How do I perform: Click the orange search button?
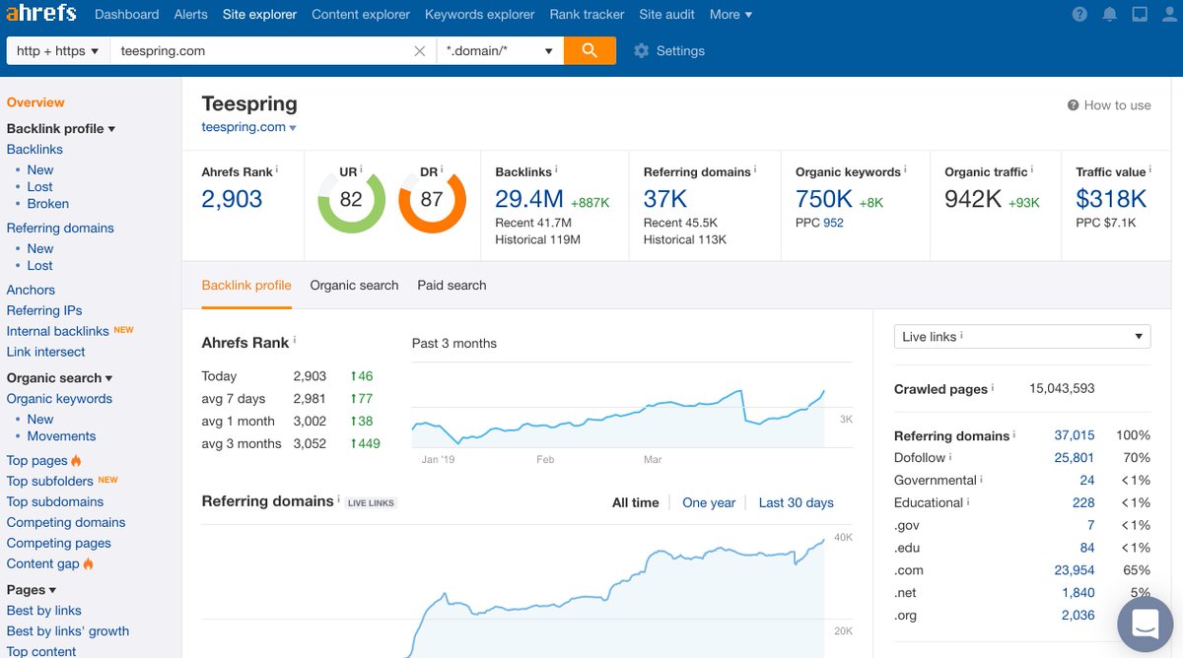tap(590, 50)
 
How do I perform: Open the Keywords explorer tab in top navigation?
tap(479, 14)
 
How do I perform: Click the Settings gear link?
tap(669, 50)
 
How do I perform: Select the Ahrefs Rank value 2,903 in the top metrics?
tap(232, 199)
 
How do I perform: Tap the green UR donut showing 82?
tap(351, 200)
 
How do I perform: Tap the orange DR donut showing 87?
tap(432, 200)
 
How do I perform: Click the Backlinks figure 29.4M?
tap(529, 199)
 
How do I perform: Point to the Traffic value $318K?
tap(1111, 199)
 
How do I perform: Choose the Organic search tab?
tap(354, 285)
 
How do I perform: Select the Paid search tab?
tap(452, 285)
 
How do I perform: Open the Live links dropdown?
tap(1021, 336)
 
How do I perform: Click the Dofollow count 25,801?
tap(1074, 457)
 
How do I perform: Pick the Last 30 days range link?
tap(796, 502)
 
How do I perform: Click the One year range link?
tap(709, 502)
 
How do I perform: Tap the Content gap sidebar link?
tap(42, 563)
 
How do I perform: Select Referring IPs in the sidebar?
tap(44, 310)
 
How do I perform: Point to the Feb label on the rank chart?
tap(545, 459)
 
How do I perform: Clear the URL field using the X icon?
tap(419, 50)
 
